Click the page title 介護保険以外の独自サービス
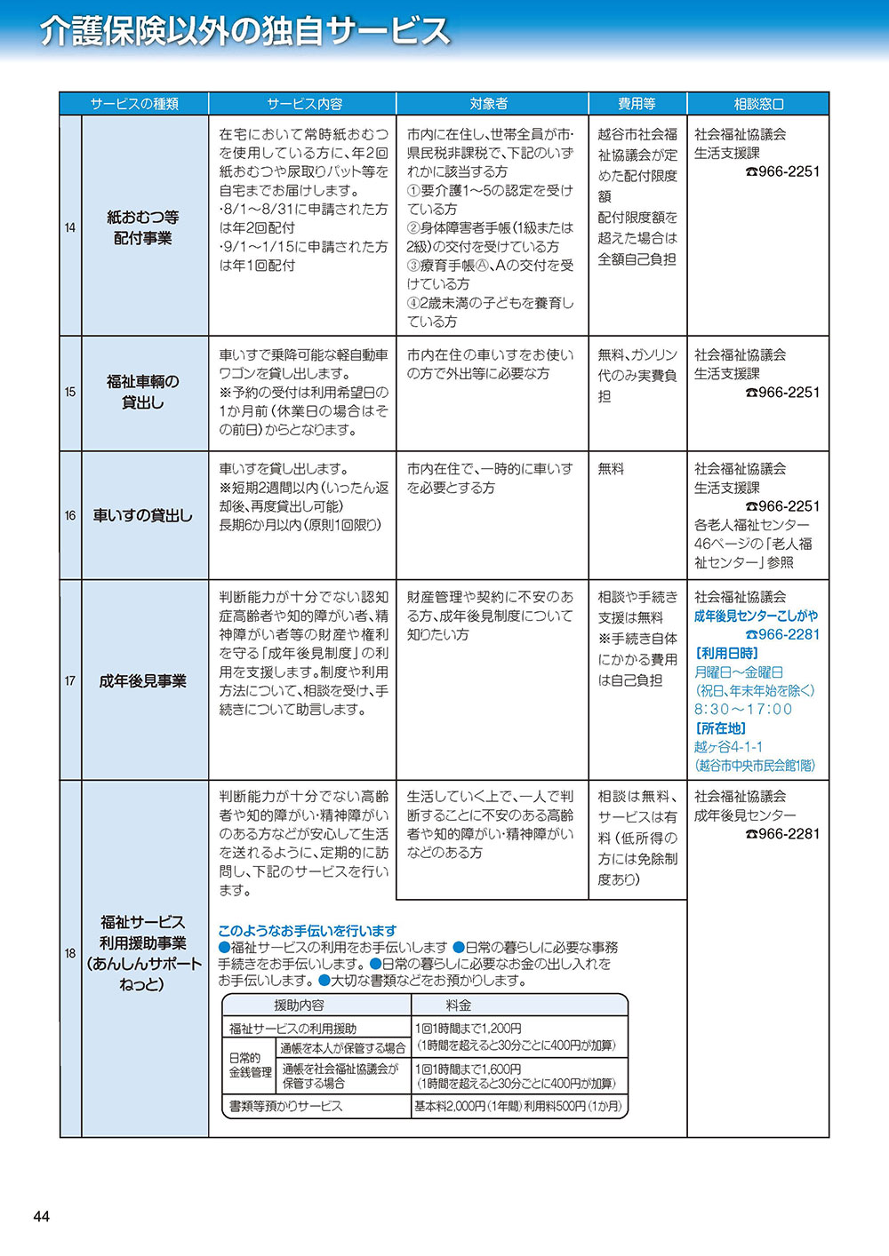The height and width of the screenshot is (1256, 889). click(245, 31)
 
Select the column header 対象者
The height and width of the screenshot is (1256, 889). click(488, 104)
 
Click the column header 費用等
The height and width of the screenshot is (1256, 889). click(637, 104)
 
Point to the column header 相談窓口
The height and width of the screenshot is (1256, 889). click(758, 104)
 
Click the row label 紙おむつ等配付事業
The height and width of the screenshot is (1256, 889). click(143, 227)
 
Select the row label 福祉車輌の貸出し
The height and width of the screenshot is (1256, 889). click(143, 392)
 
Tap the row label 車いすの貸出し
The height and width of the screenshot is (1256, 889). click(143, 515)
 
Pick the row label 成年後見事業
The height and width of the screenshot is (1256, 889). click(143, 681)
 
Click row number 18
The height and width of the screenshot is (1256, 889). click(70, 953)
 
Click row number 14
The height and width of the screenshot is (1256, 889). click(70, 227)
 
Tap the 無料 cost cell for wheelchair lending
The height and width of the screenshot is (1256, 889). click(611, 468)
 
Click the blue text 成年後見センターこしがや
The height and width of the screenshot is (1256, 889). click(756, 616)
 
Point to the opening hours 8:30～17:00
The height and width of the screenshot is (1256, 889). click(743, 709)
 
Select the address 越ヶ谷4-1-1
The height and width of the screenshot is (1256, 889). click(728, 747)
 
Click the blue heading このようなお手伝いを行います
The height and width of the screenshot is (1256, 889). click(308, 931)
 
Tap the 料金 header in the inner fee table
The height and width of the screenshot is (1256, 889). click(459, 1005)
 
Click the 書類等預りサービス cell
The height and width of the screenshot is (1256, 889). click(285, 1106)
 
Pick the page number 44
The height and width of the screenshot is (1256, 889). click(41, 1217)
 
